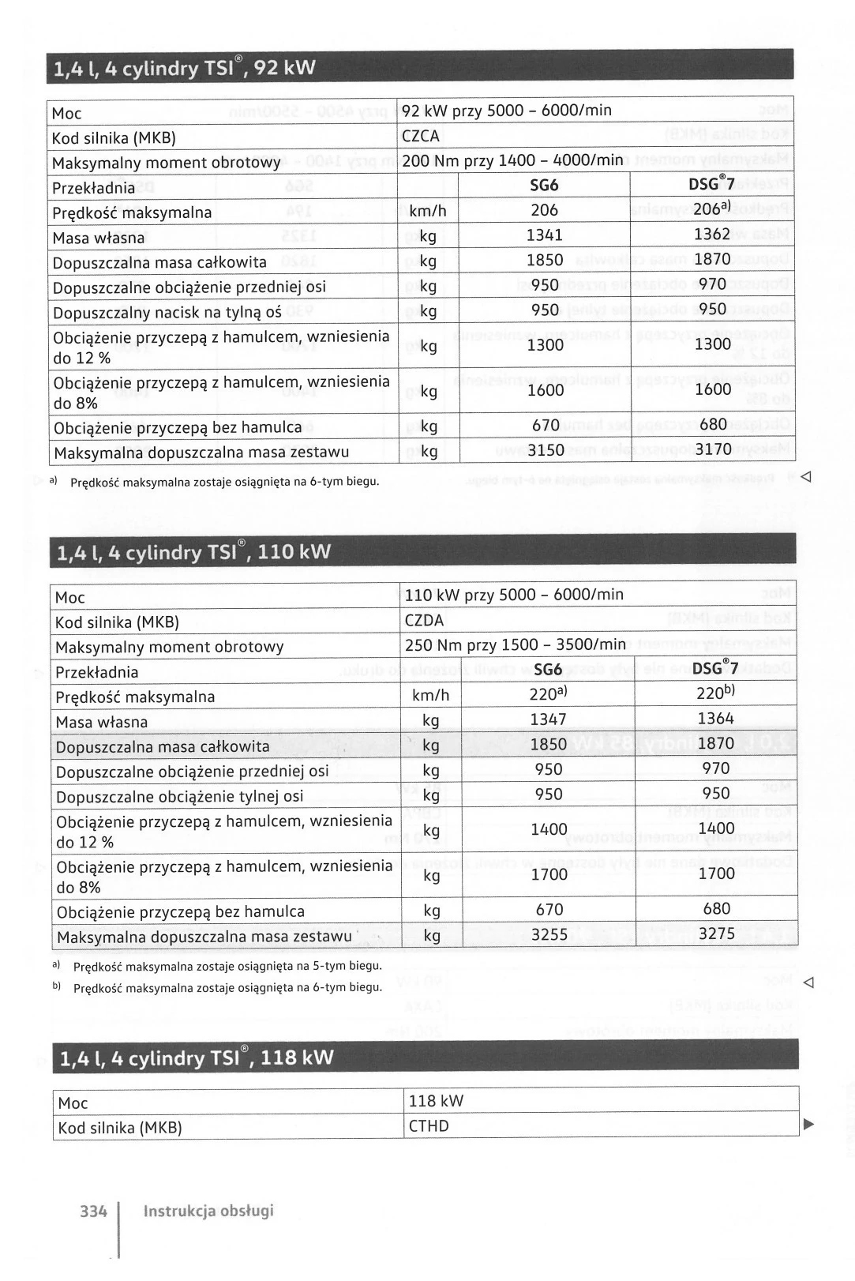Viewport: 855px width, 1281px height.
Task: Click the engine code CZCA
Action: (x=421, y=137)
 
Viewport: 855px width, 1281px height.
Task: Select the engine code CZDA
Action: (x=424, y=621)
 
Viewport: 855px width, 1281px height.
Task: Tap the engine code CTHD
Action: (x=429, y=1126)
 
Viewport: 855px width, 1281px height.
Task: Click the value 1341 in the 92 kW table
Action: (x=545, y=235)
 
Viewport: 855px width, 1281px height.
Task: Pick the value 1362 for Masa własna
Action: (x=712, y=235)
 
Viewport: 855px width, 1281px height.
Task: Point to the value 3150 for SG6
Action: (x=546, y=451)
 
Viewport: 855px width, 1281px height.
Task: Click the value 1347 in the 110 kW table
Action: (x=549, y=719)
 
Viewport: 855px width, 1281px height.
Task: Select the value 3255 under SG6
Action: (x=549, y=935)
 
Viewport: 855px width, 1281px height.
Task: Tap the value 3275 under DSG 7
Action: (x=717, y=934)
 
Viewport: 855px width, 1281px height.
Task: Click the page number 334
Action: (x=93, y=1211)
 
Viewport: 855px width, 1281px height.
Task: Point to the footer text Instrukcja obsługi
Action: (x=208, y=1211)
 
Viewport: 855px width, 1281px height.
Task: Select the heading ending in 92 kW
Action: (x=184, y=69)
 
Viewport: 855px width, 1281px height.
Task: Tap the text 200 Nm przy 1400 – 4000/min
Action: (x=512, y=161)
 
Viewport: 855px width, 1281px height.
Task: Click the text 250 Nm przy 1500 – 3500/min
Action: (x=515, y=645)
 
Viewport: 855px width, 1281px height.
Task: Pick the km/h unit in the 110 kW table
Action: (x=431, y=696)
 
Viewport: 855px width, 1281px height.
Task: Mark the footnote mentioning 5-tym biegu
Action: (x=227, y=966)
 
